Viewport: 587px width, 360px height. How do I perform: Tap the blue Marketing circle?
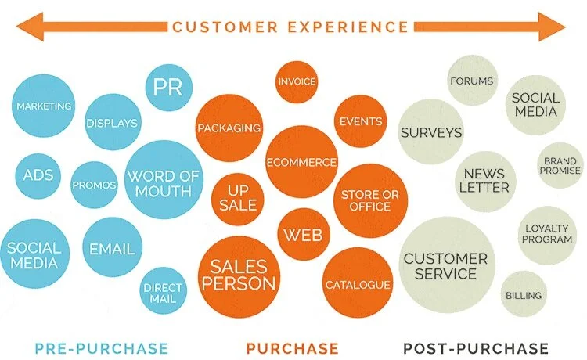[x=44, y=106]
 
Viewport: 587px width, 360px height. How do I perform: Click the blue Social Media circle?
[x=34, y=254]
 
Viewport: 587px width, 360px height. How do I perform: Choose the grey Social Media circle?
[x=535, y=104]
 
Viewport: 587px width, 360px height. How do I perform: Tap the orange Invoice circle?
[x=297, y=82]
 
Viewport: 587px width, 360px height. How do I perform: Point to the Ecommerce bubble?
[x=301, y=162]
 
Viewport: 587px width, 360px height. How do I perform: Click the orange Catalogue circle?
[x=357, y=284]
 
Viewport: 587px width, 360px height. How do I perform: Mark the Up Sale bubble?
[x=238, y=198]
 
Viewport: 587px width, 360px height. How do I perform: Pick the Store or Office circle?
[x=366, y=200]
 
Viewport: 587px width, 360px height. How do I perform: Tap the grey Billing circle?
[x=523, y=295]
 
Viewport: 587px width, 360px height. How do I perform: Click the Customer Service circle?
[x=445, y=266]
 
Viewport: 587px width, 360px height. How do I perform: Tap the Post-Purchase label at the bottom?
[x=476, y=347]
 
